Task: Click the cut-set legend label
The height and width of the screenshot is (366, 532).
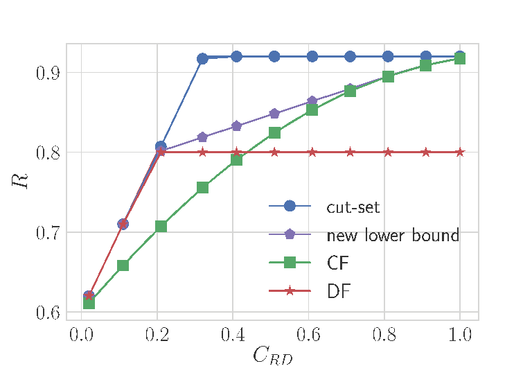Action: click(353, 207)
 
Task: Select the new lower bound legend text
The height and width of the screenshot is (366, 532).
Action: click(393, 235)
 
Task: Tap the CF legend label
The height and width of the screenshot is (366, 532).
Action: click(338, 263)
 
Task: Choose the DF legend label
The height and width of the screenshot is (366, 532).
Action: click(338, 291)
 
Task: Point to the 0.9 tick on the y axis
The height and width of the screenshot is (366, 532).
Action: click(48, 73)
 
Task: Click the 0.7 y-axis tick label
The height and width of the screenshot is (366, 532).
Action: click(48, 233)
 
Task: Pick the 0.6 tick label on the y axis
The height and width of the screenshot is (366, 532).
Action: click(48, 313)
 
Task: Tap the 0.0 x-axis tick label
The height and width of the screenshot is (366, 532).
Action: click(82, 334)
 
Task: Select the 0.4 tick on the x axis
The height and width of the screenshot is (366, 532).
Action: click(233, 334)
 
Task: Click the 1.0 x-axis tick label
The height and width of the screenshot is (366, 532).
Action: click(460, 334)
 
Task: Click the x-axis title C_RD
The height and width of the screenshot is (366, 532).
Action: click(272, 356)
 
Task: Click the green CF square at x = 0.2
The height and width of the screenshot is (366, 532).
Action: click(161, 226)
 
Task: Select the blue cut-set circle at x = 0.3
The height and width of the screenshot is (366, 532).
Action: click(202, 59)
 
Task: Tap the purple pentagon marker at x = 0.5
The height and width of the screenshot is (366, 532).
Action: click(274, 114)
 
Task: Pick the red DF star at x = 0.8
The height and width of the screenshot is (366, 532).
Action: click(388, 152)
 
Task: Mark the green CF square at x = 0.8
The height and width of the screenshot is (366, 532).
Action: click(388, 77)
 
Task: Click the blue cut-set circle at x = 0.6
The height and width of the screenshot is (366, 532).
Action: click(312, 56)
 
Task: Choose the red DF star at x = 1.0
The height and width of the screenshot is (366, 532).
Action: click(460, 152)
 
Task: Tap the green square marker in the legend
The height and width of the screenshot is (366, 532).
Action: click(290, 262)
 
